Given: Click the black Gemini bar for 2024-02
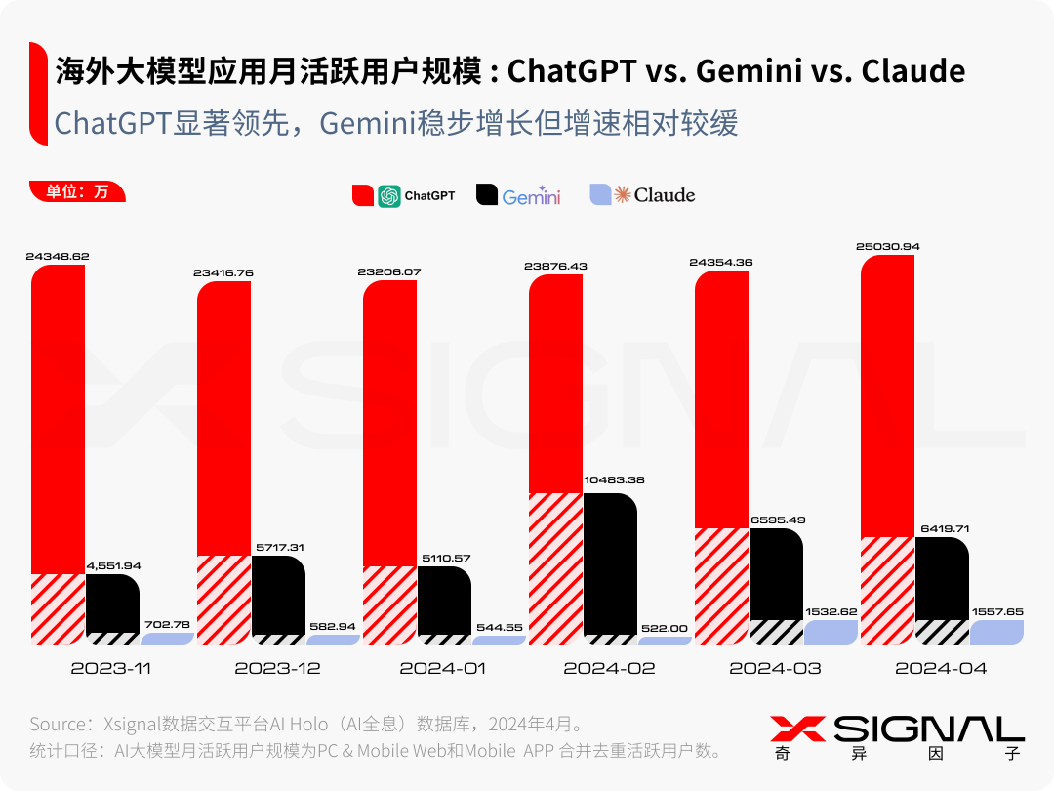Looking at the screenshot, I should point(610,566).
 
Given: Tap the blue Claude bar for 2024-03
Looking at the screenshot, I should point(831,631).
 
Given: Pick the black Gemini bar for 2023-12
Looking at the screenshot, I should point(278,596).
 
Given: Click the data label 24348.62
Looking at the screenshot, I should point(58,256).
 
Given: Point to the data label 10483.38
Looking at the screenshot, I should point(613,479).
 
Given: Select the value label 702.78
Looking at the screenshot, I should point(166,623).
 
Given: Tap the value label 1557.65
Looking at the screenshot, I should point(996,611).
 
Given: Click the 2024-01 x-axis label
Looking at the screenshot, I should point(443,669).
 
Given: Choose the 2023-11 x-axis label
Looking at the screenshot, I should point(111,669).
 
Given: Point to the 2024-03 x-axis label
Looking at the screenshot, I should point(775,669).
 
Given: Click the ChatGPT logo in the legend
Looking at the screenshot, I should point(389,195).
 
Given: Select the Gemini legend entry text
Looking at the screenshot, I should point(531,196).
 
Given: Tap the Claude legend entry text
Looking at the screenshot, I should point(665,195).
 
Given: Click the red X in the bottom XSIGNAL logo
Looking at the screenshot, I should point(797,729).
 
